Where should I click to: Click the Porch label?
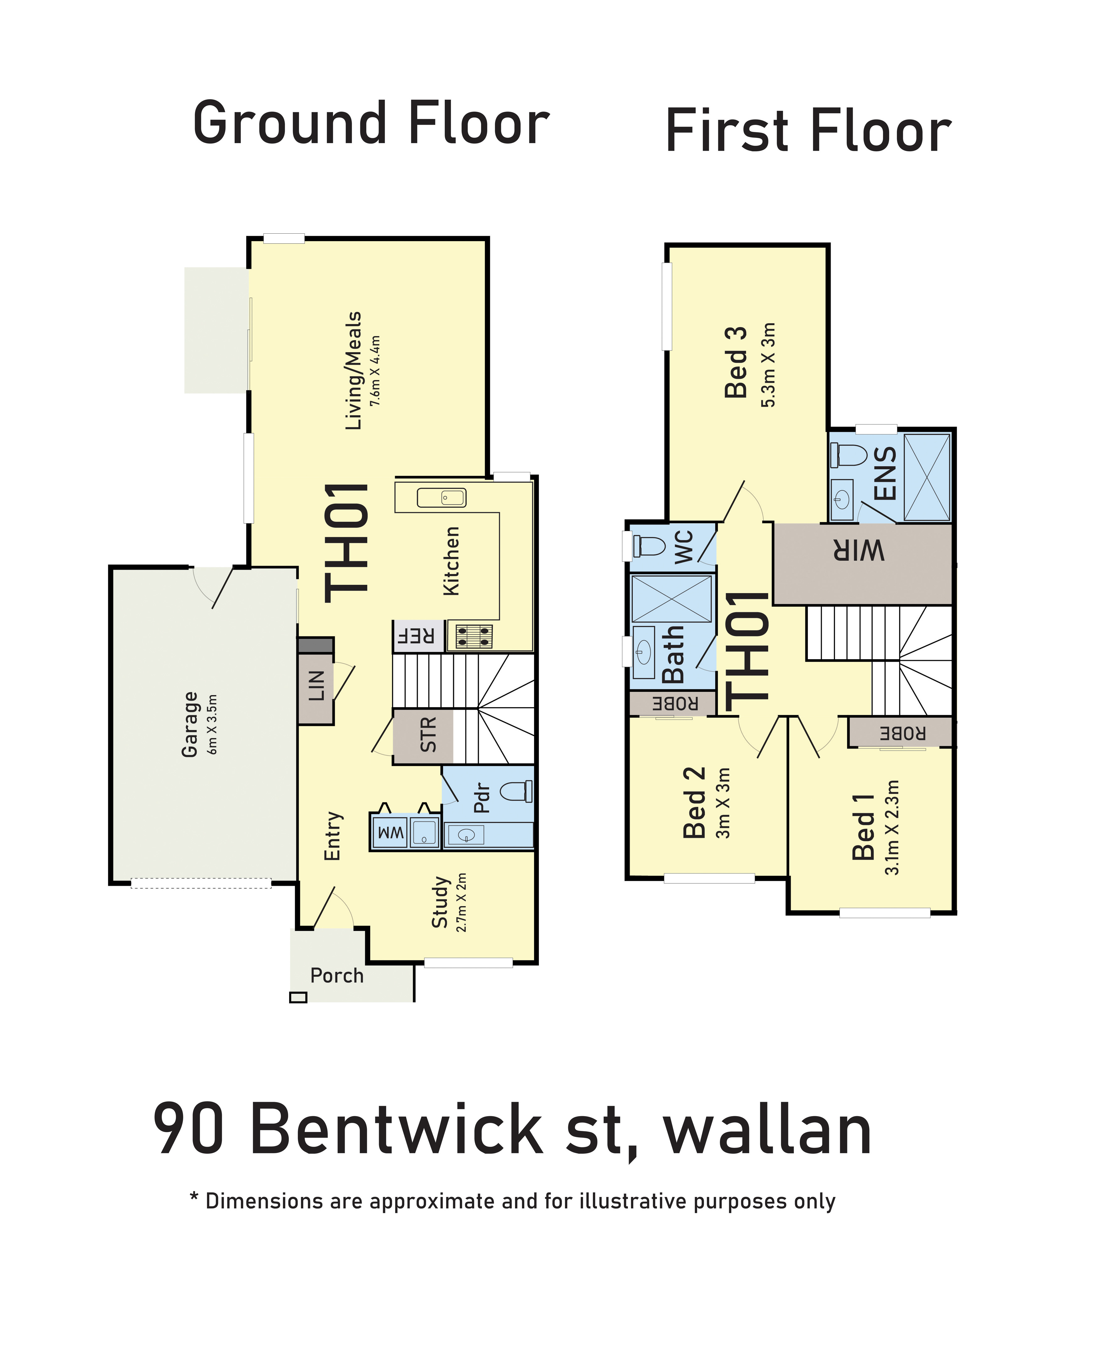pos(337,976)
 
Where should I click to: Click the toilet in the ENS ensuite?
pos(849,454)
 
